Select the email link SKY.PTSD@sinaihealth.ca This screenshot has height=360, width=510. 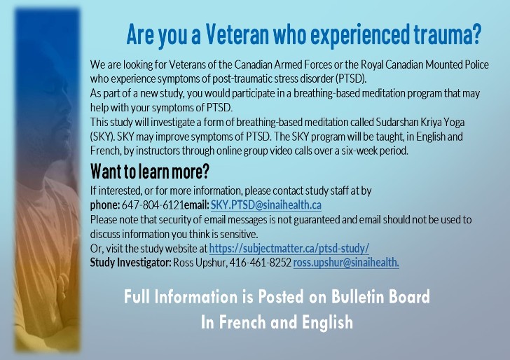point(266,205)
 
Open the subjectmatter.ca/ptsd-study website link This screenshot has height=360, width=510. point(289,249)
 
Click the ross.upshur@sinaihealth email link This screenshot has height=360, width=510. point(346,263)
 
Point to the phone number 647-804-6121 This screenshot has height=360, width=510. point(153,205)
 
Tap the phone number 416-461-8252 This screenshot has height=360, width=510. point(260,263)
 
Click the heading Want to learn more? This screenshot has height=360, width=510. point(150,172)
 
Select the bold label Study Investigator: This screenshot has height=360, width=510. point(130,263)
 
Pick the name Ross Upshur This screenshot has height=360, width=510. point(200,263)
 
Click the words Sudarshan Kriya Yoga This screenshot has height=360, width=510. point(420,123)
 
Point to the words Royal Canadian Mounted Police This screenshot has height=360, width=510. point(425,64)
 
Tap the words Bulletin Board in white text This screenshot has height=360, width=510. point(380,296)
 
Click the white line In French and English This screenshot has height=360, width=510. point(277,322)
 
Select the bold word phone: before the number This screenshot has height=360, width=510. point(105,205)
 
